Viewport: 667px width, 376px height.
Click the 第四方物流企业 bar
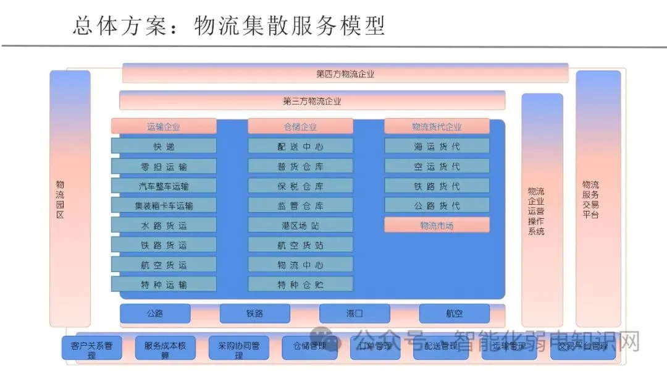coord(345,74)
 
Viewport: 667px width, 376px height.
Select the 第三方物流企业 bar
coord(312,101)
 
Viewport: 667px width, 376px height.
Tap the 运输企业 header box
coord(164,127)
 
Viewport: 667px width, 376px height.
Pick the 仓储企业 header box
coord(300,127)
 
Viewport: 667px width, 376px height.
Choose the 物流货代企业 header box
coord(437,127)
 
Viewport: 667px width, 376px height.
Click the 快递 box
coord(164,147)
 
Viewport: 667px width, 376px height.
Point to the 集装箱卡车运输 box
coord(164,205)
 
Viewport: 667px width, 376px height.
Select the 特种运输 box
coord(164,284)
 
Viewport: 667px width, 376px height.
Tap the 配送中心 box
coord(300,147)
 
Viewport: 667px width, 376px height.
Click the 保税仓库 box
coord(300,186)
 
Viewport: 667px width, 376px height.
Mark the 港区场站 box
coord(300,225)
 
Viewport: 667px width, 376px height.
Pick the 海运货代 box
coord(437,147)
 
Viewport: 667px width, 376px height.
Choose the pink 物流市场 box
coord(437,225)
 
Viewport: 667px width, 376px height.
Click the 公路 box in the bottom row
coord(155,314)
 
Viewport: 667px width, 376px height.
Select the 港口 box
coord(354,314)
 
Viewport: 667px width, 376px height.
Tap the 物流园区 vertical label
coord(60,199)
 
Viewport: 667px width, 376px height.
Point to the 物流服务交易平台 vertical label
coord(590,199)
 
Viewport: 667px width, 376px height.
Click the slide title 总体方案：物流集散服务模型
coord(229,26)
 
